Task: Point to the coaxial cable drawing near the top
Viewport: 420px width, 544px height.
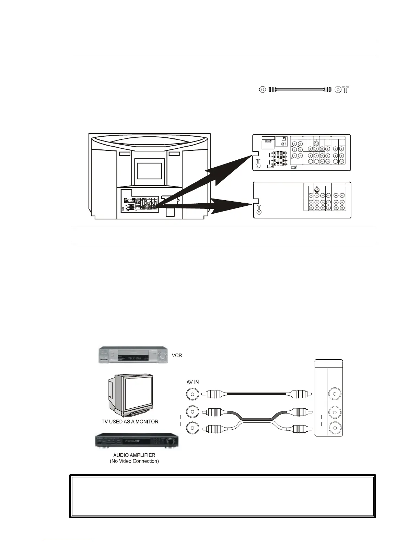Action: click(296, 89)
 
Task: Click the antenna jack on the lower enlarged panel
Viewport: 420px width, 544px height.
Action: click(259, 212)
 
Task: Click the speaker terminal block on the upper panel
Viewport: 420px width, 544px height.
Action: click(280, 159)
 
